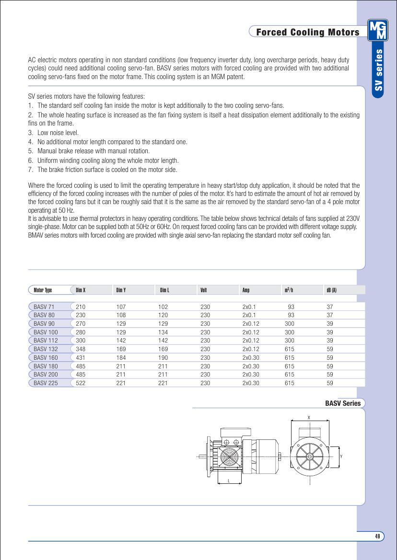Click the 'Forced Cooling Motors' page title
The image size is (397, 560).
click(307, 32)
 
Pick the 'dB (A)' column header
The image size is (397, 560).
click(331, 290)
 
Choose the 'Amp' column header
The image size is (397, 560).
click(246, 290)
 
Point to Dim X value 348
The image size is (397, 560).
click(81, 349)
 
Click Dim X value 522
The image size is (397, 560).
click(81, 383)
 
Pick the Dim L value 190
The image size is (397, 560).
click(163, 358)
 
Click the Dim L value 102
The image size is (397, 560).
click(163, 307)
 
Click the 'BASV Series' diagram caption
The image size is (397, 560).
click(342, 403)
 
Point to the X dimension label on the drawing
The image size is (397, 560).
click(309, 418)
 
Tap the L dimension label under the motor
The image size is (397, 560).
click(229, 480)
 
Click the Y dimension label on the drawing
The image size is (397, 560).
click(341, 457)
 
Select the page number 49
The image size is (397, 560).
click(377, 537)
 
